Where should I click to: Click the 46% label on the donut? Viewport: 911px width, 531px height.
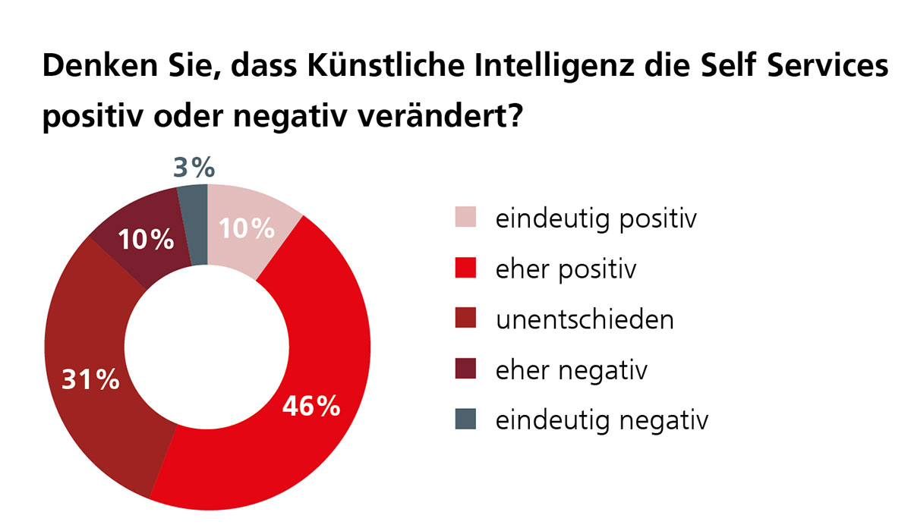pyautogui.click(x=310, y=407)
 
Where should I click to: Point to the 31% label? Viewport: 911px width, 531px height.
pyautogui.click(x=90, y=379)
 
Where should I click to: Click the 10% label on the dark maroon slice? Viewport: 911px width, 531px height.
pyautogui.click(x=147, y=240)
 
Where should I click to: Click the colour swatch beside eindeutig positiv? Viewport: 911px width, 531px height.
pyautogui.click(x=465, y=218)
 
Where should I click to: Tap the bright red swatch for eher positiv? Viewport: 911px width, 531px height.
pyautogui.click(x=465, y=269)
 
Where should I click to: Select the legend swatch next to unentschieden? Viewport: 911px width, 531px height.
pyautogui.click(x=465, y=319)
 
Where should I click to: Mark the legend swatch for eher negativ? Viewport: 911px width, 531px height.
pyautogui.click(x=465, y=369)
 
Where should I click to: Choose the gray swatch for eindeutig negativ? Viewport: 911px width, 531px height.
pyautogui.click(x=465, y=419)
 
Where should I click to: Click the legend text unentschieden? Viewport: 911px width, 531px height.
pyautogui.click(x=585, y=319)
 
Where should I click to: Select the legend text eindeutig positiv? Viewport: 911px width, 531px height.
pyautogui.click(x=596, y=220)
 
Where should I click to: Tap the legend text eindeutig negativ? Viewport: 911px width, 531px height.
pyautogui.click(x=601, y=420)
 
